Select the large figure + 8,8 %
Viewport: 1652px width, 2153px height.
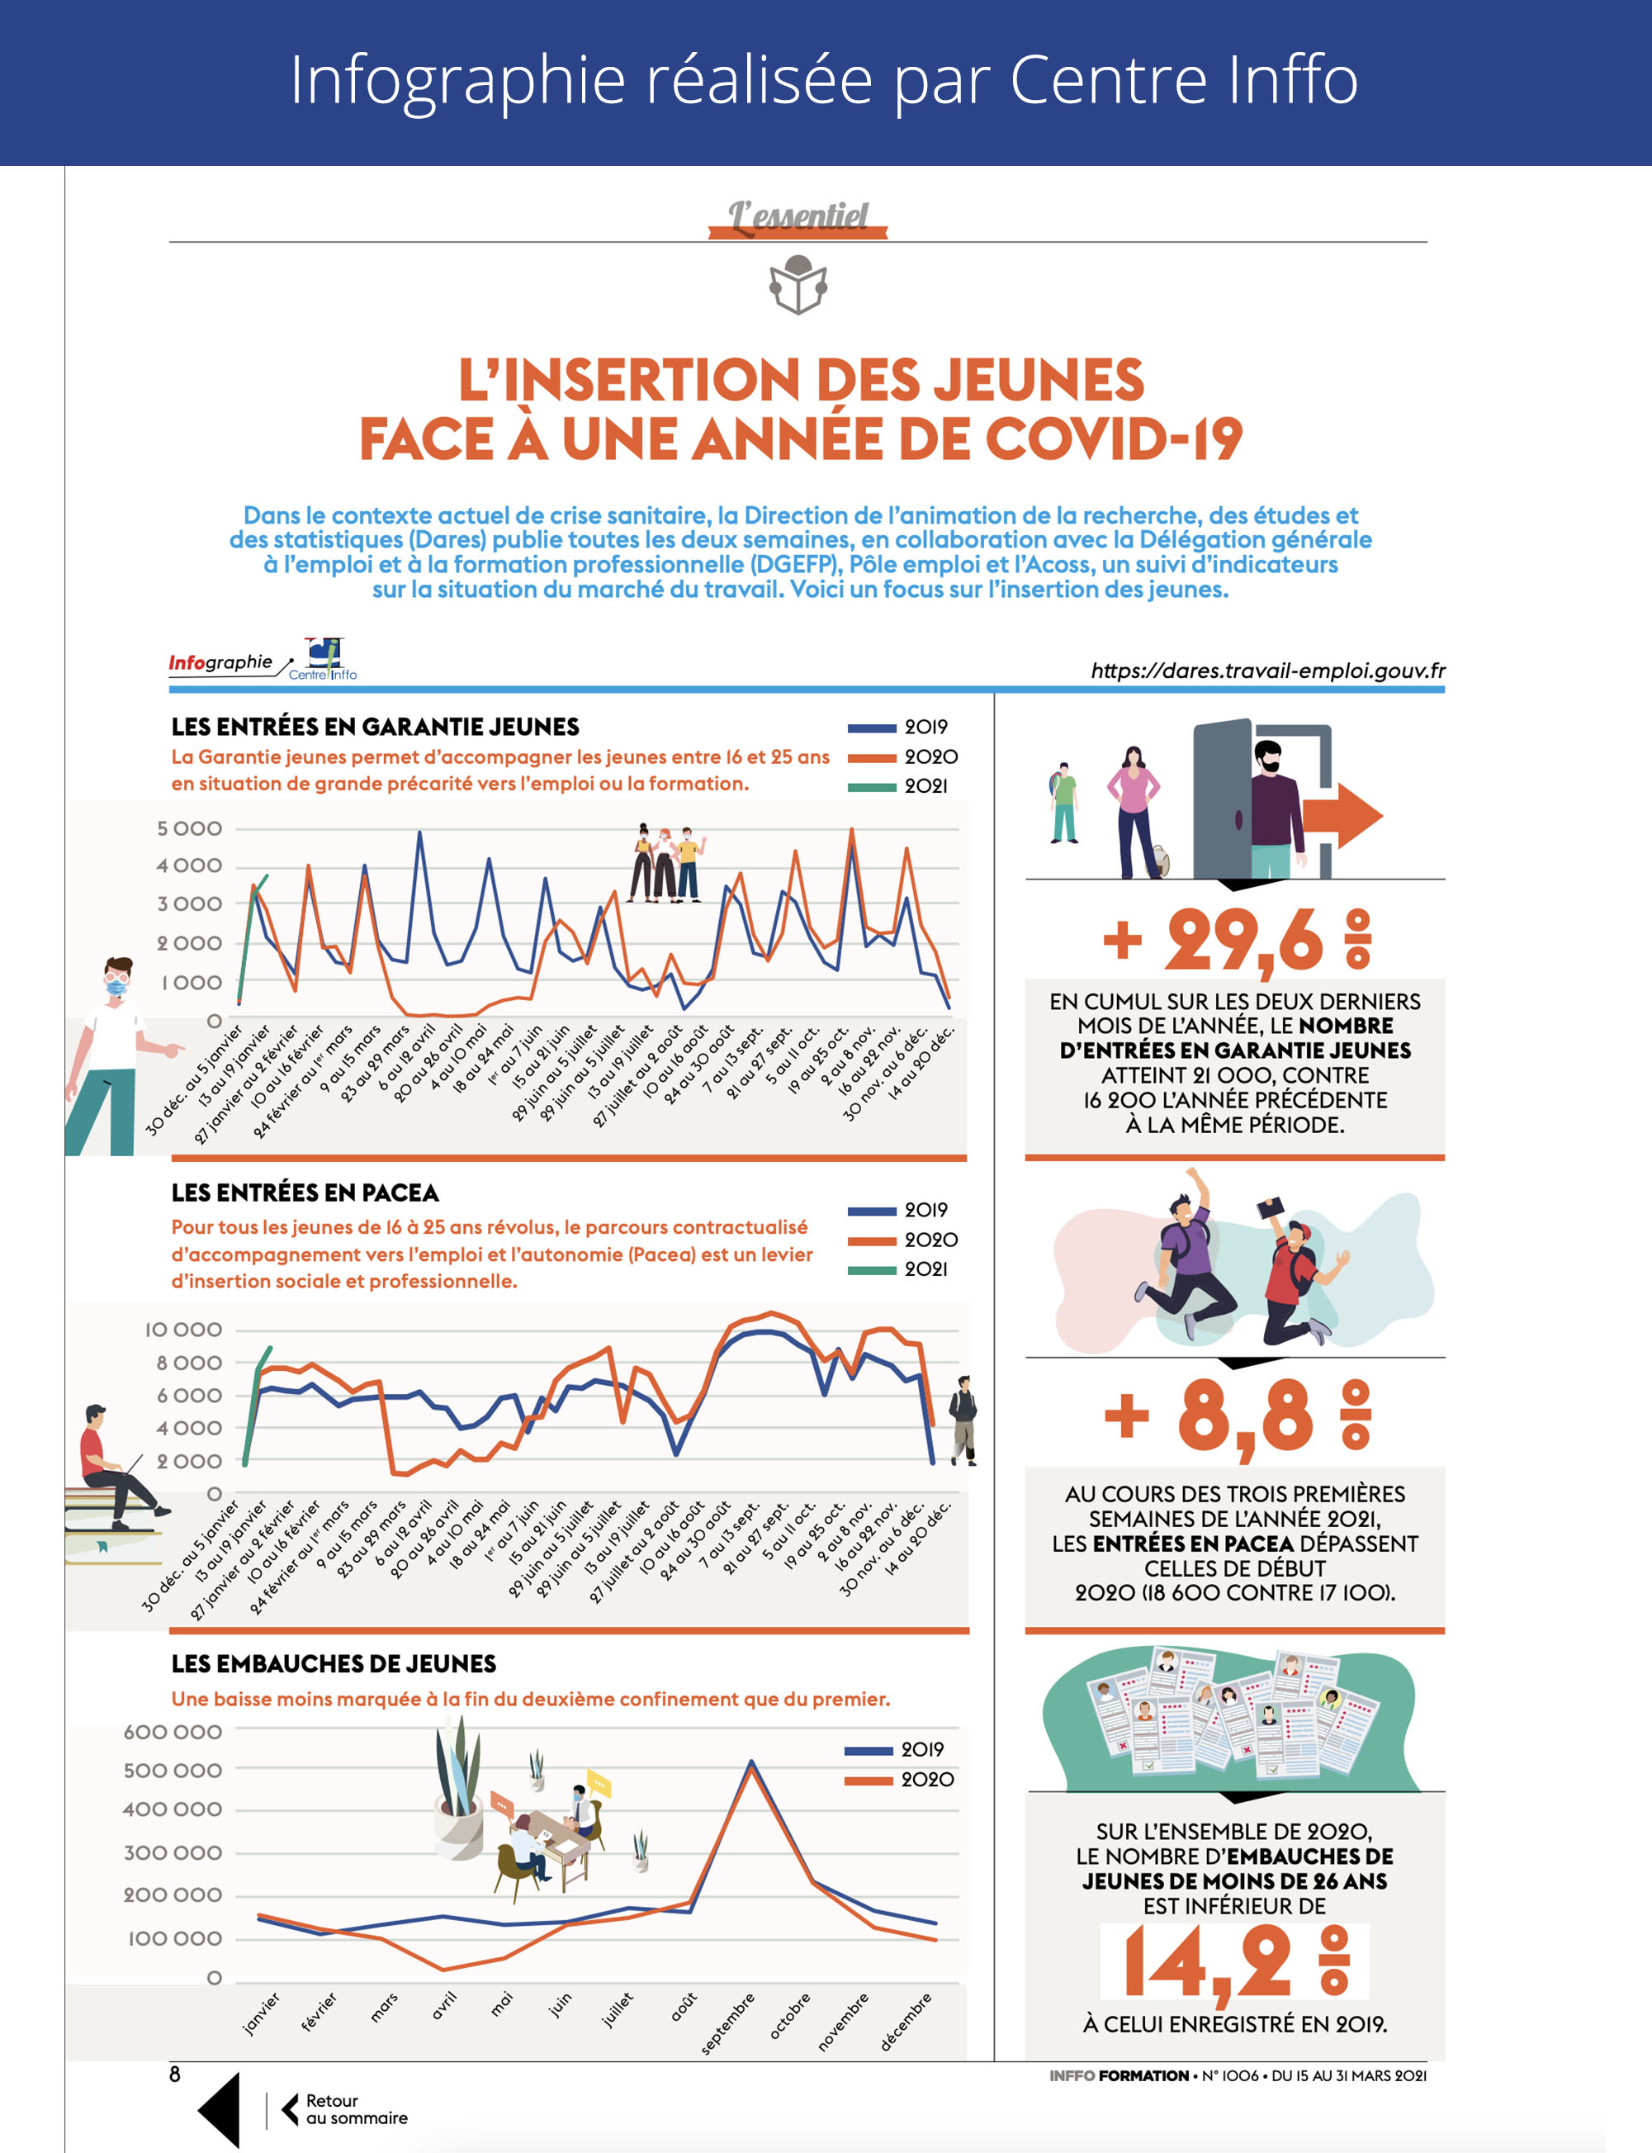coord(1237,1417)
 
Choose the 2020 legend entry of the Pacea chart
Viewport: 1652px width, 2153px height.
coord(902,1240)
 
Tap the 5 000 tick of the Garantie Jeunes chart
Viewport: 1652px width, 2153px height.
coord(190,829)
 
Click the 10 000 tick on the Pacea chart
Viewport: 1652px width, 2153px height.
coord(183,1330)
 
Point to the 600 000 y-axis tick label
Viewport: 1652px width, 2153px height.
coord(173,1732)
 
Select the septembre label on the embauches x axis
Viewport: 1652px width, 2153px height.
coord(727,2023)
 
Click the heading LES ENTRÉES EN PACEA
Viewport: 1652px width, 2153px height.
coord(305,1193)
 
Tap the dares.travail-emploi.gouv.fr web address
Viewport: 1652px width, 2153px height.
coord(1267,671)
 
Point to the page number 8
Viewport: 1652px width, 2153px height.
coord(175,2075)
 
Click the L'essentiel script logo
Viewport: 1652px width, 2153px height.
coord(798,216)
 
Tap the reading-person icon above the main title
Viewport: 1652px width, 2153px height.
coord(798,285)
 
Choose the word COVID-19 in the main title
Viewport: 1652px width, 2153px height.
coord(1113,439)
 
